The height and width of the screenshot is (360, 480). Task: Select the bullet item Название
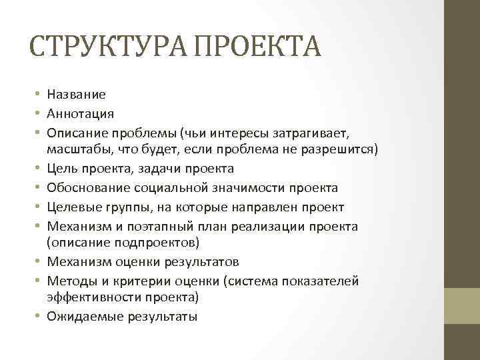pos(77,95)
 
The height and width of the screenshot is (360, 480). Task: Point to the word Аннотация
pos(81,114)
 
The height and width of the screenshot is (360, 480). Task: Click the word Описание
pos(75,132)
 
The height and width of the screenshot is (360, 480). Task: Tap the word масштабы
pos(77,148)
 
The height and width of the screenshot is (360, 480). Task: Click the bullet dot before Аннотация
pos(39,114)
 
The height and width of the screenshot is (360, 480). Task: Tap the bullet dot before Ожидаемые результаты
pos(39,317)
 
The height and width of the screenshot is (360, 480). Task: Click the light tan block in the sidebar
pos(462,306)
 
